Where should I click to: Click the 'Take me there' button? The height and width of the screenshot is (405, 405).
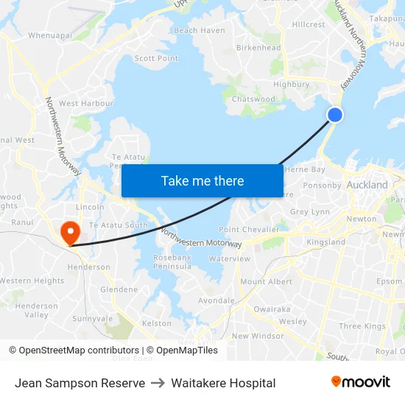tap(202, 180)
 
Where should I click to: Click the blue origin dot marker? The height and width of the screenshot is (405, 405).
tap(335, 114)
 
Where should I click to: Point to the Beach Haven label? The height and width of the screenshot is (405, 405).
tap(200, 30)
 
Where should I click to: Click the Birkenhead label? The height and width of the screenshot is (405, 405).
tap(258, 48)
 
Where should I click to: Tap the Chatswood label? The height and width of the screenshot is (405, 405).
tap(253, 99)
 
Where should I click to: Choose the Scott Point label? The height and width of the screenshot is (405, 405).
tap(156, 58)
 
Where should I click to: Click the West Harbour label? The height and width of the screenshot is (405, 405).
tap(86, 104)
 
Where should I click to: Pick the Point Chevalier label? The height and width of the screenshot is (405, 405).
tap(250, 229)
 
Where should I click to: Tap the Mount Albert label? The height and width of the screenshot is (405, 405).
tap(267, 281)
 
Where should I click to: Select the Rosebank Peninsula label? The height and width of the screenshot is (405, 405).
tap(172, 261)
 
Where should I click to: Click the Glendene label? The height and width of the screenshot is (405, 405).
tap(119, 289)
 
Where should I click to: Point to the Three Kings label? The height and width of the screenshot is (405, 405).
tap(362, 326)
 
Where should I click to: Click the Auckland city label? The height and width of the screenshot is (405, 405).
tap(367, 185)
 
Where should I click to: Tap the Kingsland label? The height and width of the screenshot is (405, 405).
tap(325, 242)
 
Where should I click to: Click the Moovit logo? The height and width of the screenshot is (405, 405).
tap(360, 382)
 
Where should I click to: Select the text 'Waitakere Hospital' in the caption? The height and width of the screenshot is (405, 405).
tap(223, 383)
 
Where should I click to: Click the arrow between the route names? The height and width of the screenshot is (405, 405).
tap(158, 383)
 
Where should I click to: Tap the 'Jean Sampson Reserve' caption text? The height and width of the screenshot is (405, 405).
tap(80, 383)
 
